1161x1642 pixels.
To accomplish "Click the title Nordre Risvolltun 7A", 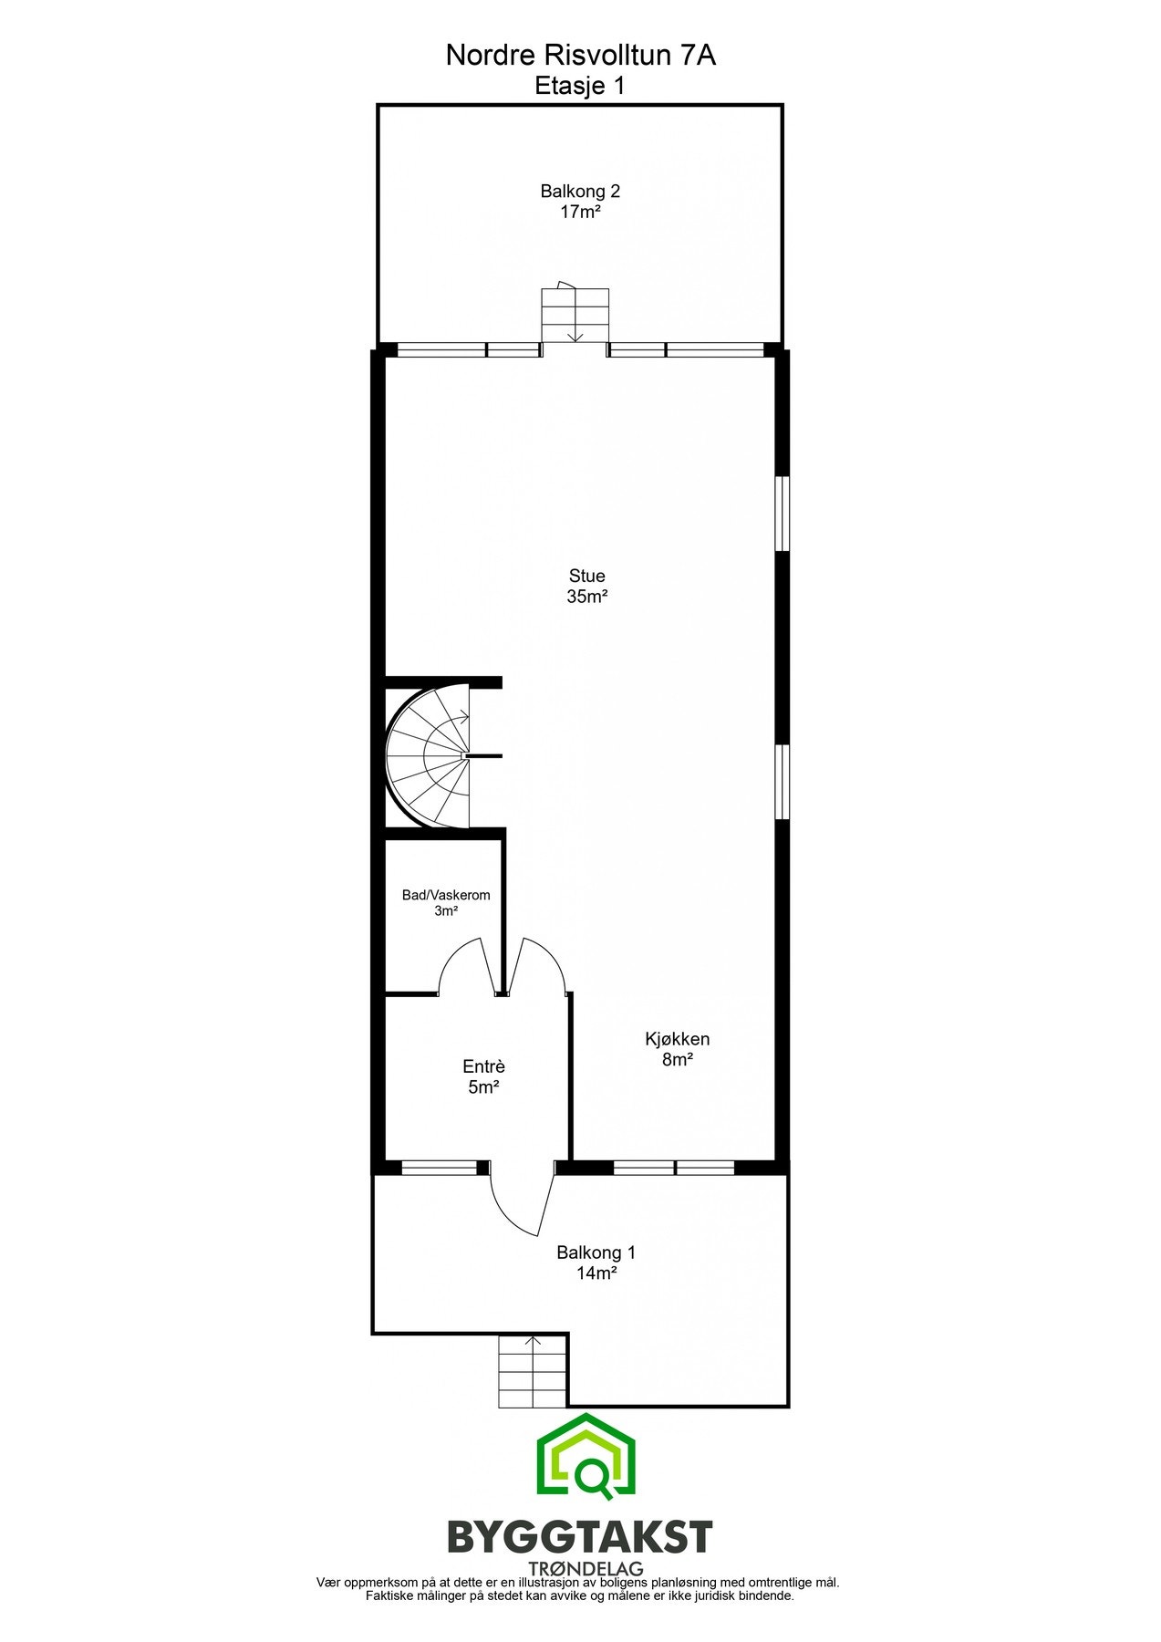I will click(580, 56).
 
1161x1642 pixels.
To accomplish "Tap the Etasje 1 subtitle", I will click(580, 86).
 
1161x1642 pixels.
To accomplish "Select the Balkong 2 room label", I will click(580, 192).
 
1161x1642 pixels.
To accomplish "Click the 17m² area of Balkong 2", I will click(580, 213).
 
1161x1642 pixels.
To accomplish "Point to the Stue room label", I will click(586, 576).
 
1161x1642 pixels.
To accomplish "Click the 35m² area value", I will click(586, 598).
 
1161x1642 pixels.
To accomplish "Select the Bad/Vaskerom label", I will click(446, 895).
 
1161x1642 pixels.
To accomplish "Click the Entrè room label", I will click(483, 1066).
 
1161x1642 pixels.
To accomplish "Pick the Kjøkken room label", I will click(677, 1039).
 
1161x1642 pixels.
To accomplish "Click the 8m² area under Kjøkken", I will click(677, 1060).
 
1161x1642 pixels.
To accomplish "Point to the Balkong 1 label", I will click(596, 1252).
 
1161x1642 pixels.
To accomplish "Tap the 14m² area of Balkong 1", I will click(596, 1273).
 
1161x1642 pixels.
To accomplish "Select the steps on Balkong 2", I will click(575, 315).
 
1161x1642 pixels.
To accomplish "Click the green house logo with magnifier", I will click(586, 1459).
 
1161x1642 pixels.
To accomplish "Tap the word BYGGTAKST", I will click(579, 1537).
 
